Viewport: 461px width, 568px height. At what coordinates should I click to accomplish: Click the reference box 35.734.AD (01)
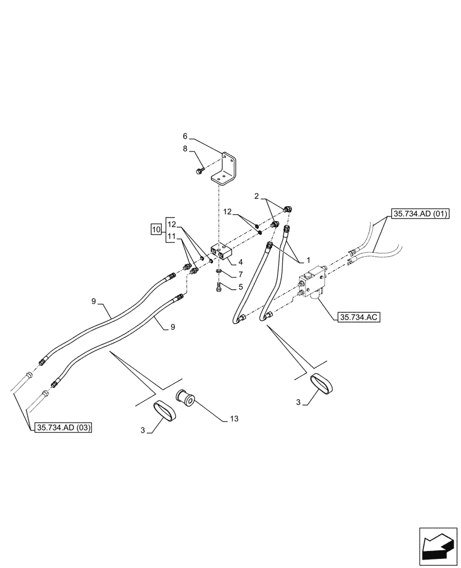pyautogui.click(x=420, y=214)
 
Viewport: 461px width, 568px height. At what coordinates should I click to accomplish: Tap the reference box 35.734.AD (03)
pyautogui.click(x=64, y=428)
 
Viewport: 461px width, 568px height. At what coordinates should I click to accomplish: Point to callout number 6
pyautogui.click(x=185, y=136)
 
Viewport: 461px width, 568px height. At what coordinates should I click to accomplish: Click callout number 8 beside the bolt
pyautogui.click(x=185, y=148)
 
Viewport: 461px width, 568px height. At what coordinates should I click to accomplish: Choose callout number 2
pyautogui.click(x=257, y=196)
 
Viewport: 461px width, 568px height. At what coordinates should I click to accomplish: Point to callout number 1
pyautogui.click(x=309, y=259)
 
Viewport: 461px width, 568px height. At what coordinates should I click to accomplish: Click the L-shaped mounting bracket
pyautogui.click(x=227, y=170)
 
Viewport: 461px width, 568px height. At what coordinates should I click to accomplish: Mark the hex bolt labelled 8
pyautogui.click(x=200, y=171)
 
